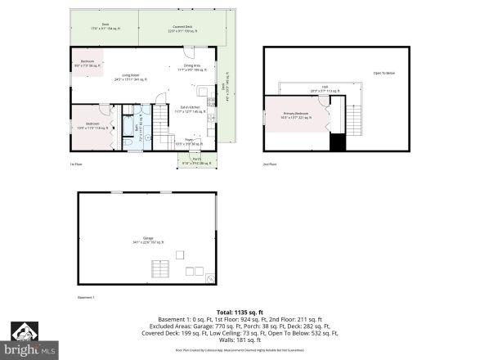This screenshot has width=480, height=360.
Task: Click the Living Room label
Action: coord(131,77)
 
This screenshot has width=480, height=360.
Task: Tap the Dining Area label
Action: coord(192,67)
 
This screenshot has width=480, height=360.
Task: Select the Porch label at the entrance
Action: coord(196,160)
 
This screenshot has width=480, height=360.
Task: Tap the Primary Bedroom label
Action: coord(295,115)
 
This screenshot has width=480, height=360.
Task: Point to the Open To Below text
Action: coord(384,74)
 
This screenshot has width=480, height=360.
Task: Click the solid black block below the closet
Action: coord(338,142)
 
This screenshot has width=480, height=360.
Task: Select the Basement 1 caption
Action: coord(86,297)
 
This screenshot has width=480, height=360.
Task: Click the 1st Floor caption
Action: coord(75,164)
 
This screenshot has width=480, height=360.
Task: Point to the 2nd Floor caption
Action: coord(269,164)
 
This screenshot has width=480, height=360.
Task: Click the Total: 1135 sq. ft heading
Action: coord(240,312)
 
